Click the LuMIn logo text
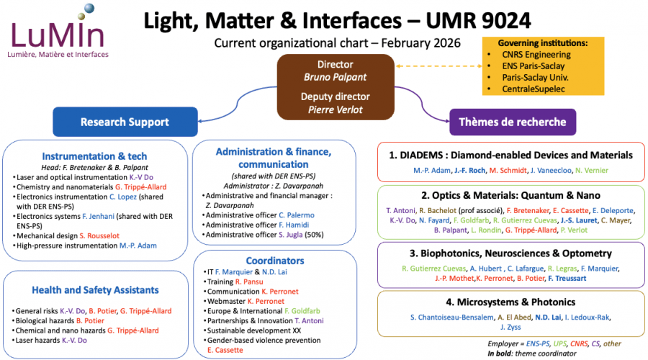[58, 35]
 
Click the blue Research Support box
[125, 122]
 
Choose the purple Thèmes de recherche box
[513, 122]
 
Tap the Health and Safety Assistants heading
[94, 290]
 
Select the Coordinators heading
[274, 260]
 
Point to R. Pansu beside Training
[253, 283]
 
